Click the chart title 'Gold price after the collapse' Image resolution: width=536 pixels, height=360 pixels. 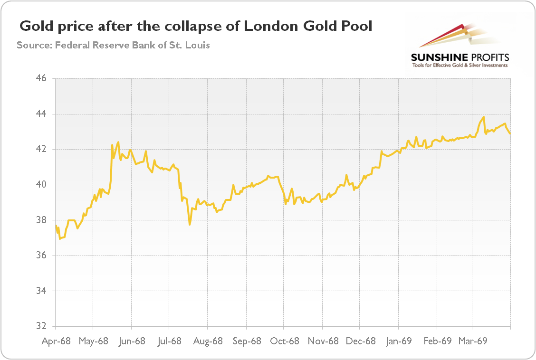coord(195,27)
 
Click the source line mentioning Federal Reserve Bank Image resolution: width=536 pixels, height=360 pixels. coord(113,46)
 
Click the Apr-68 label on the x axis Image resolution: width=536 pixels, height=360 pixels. coord(56,341)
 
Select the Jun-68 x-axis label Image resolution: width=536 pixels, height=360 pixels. coord(132,341)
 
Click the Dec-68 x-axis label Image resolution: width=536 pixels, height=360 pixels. coord(361,341)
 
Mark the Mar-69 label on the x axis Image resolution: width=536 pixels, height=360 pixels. coord(473,341)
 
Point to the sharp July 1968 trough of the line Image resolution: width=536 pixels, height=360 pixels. coord(190,224)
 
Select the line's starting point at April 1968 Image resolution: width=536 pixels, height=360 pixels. coord(56,226)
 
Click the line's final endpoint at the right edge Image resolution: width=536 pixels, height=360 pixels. coord(510,133)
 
